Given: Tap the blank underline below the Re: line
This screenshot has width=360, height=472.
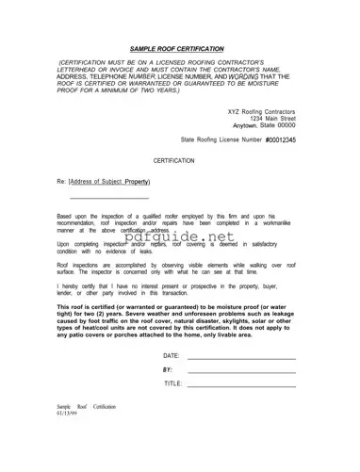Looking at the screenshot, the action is point(109,198).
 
